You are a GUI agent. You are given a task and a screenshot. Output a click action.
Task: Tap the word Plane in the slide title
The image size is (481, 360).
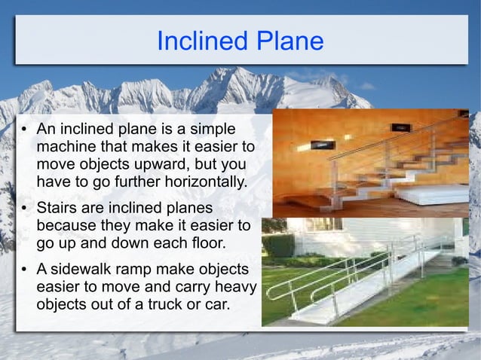(287, 41)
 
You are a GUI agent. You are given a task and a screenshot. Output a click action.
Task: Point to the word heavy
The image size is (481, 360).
(236, 286)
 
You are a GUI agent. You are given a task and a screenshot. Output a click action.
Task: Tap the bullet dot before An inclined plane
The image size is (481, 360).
(24, 130)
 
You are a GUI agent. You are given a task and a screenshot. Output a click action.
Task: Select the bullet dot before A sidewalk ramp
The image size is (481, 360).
(24, 270)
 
